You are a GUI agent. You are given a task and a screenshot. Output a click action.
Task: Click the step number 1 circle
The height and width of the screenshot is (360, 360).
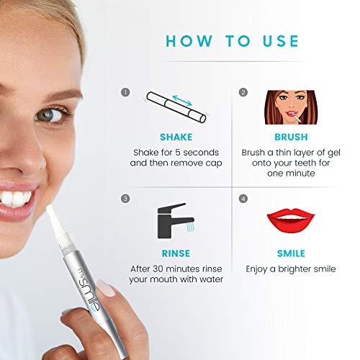point(125,92)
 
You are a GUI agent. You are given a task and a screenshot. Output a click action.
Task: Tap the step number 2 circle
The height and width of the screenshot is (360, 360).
point(243,92)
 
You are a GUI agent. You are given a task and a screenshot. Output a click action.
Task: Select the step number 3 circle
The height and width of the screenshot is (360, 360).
point(125,199)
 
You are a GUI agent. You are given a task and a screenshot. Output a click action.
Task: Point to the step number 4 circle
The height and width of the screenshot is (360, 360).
point(243,199)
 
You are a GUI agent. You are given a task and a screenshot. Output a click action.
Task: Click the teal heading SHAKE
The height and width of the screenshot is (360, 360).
point(176,137)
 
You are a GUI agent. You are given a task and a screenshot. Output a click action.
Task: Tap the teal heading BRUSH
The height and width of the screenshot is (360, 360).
point(291,137)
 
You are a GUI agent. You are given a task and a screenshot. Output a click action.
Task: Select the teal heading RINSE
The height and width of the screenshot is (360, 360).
point(176,253)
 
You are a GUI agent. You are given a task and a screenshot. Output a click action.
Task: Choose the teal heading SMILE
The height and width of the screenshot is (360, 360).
point(291,253)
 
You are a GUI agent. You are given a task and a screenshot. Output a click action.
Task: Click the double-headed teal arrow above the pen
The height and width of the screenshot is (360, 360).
point(182,100)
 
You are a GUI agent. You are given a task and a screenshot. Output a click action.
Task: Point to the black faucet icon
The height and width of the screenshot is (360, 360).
point(176,221)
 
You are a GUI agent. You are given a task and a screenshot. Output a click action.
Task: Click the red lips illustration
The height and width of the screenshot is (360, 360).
point(291,220)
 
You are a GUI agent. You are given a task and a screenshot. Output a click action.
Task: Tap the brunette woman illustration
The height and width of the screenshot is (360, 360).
point(291,107)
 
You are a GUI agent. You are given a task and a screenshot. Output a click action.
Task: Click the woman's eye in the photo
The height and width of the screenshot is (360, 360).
point(49,116)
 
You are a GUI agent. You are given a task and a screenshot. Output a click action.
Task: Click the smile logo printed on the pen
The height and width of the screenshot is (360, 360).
point(89,289)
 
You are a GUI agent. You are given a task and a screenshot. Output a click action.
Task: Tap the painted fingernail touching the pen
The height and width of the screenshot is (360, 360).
point(106,288)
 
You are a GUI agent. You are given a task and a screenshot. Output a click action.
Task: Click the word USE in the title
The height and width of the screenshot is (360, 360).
point(281,41)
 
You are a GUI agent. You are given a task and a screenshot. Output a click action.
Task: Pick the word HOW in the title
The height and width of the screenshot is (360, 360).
point(189,41)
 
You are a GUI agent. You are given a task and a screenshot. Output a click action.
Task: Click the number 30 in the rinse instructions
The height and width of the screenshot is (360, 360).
point(158,269)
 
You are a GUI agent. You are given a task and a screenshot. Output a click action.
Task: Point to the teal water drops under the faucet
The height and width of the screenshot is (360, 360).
point(190,227)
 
